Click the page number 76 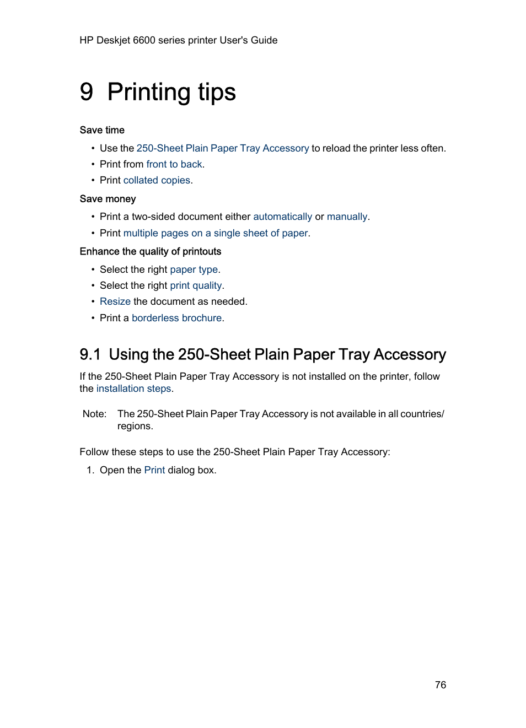(440, 684)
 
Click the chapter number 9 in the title (87, 92)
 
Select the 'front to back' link (174, 164)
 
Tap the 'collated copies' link (157, 180)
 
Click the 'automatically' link (282, 217)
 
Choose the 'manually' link (347, 217)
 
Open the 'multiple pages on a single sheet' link (215, 233)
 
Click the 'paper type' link (194, 269)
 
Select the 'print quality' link (196, 285)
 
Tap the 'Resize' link (115, 301)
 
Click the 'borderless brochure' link (176, 318)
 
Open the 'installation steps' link (133, 389)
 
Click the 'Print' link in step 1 (154, 470)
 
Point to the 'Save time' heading (102, 130)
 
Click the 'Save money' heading (108, 199)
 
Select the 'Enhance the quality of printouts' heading (150, 251)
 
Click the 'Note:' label (94, 414)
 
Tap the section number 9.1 (90, 354)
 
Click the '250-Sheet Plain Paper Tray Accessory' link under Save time (222, 148)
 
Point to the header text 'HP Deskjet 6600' (117, 40)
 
